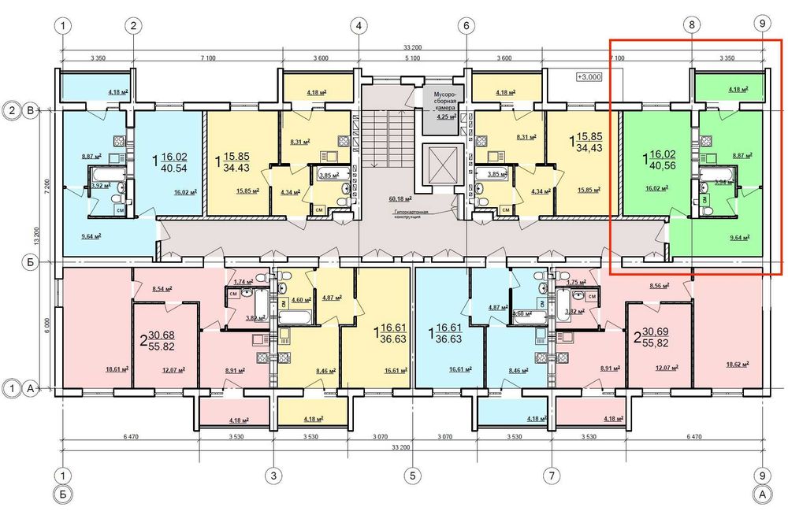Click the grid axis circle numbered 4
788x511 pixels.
point(359,25)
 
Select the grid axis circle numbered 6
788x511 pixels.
point(466,25)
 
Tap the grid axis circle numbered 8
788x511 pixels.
point(692,25)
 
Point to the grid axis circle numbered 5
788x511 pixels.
point(412,476)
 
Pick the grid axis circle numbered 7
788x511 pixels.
point(552,476)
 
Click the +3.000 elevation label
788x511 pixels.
point(589,77)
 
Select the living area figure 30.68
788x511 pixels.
point(158,335)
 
